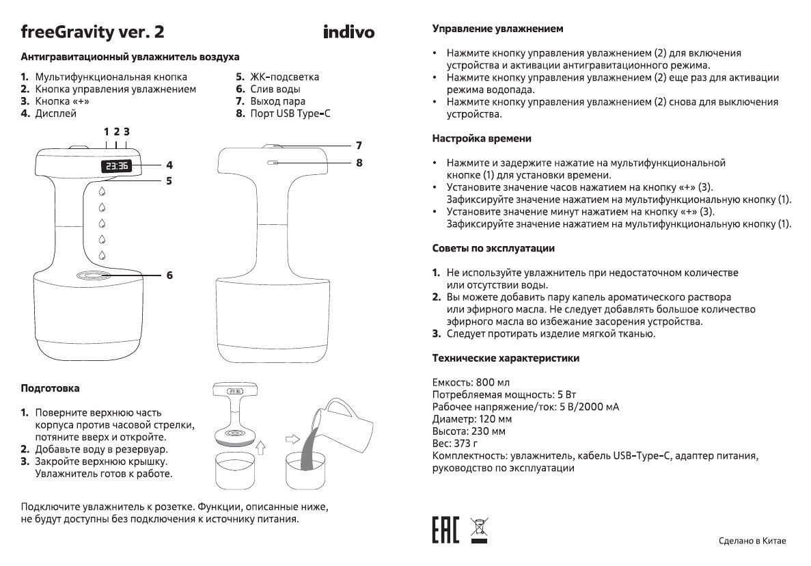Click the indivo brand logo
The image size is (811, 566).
point(348,32)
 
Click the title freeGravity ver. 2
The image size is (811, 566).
point(92,31)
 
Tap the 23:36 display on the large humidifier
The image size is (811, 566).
point(117,165)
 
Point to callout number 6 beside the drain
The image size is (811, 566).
point(169,275)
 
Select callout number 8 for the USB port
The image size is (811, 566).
point(358,163)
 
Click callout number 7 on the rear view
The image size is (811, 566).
point(358,145)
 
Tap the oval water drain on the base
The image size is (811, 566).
point(95,275)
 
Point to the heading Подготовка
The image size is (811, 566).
point(51,388)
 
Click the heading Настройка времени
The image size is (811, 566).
point(482,138)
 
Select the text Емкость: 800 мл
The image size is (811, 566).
point(471,381)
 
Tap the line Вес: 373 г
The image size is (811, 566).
point(456,444)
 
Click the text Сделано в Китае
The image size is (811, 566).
point(752,541)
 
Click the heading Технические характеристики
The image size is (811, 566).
point(506,358)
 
